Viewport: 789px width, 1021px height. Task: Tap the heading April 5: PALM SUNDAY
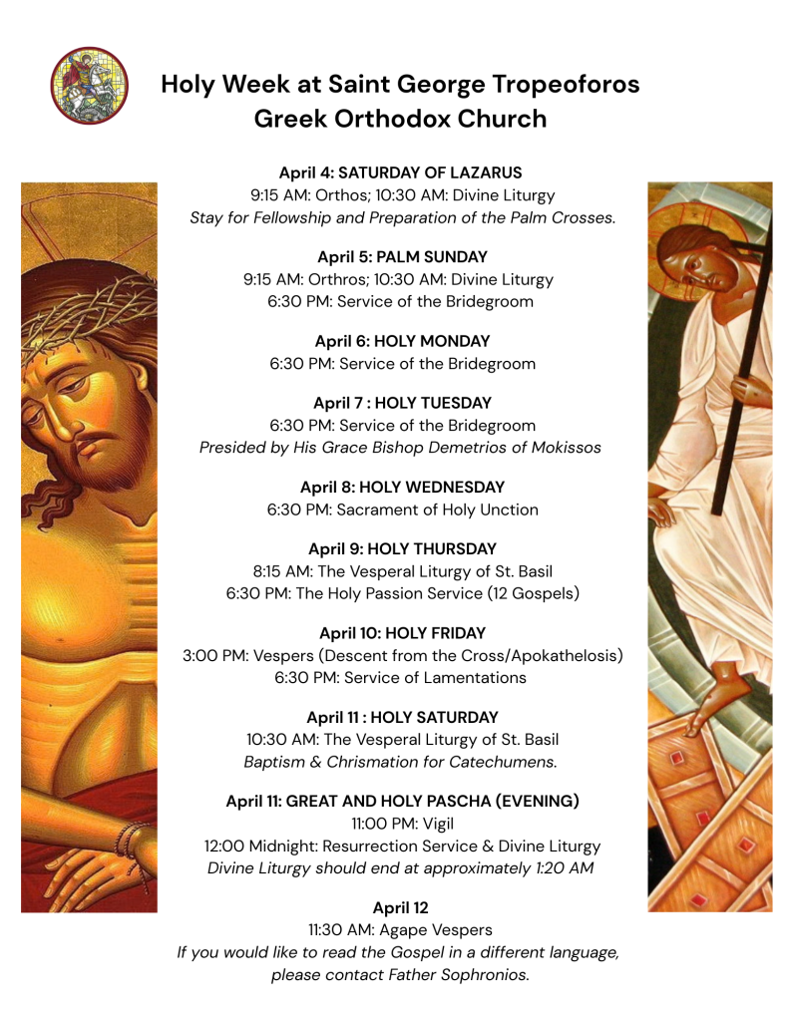point(402,256)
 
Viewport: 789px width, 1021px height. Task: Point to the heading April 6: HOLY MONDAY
point(402,341)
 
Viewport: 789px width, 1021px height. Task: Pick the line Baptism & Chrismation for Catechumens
point(400,762)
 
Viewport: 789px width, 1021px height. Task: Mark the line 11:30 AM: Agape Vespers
point(400,930)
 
